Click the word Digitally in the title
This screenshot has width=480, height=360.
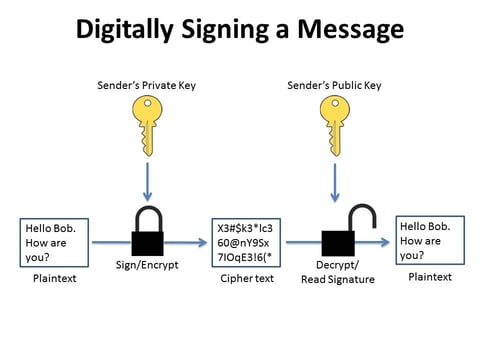pyautogui.click(x=126, y=31)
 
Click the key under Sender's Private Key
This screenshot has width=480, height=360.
pyautogui.click(x=148, y=122)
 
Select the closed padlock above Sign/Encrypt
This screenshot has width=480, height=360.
pyautogui.click(x=148, y=232)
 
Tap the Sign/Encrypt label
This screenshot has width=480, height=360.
pyautogui.click(x=147, y=266)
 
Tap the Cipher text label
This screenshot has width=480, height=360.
pyautogui.click(x=247, y=279)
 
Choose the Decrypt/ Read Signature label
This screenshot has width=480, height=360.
pyautogui.click(x=337, y=272)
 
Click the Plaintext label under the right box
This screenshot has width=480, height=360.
pyautogui.click(x=430, y=276)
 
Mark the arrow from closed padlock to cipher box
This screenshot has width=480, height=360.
pyautogui.click(x=188, y=243)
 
